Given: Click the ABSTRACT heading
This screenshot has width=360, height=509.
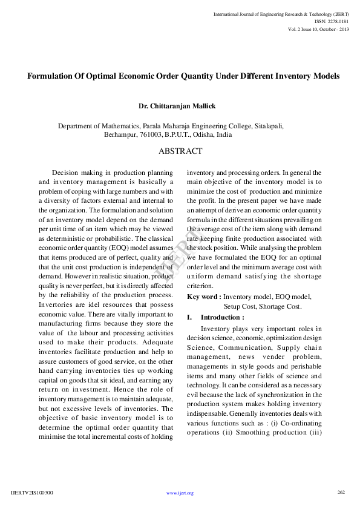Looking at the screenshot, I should pyautogui.click(x=180, y=151).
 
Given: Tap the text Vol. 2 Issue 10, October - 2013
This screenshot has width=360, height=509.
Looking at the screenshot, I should pyautogui.click(x=319, y=29).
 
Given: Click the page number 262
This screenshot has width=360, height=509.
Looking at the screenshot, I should pyautogui.click(x=341, y=492).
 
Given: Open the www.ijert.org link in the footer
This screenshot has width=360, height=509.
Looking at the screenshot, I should pyautogui.click(x=180, y=493).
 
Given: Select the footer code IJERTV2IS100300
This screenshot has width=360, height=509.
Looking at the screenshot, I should pyautogui.click(x=32, y=493).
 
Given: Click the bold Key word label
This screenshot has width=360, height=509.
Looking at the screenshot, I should pyautogui.click(x=204, y=297).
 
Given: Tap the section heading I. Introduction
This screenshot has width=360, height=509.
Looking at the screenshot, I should pyautogui.click(x=215, y=317).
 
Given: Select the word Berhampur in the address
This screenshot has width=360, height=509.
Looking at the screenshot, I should pyautogui.click(x=122, y=134).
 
